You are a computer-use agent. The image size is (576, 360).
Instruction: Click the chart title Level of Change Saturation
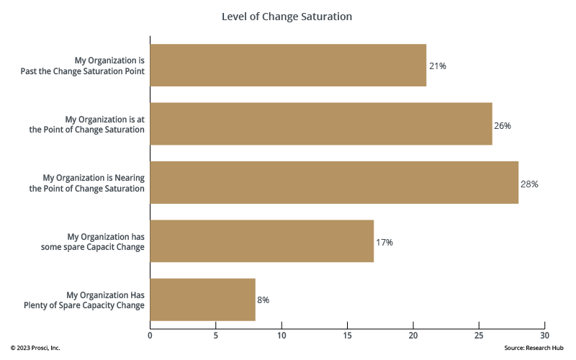coord(287,16)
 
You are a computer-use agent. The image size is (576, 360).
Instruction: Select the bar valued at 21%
coord(288,66)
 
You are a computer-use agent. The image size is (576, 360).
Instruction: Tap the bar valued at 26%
coord(321,124)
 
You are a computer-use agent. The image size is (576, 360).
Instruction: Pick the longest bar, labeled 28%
coord(334,183)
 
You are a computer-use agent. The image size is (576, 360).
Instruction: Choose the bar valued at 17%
coord(261,241)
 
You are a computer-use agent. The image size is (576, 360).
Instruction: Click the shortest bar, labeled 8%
coord(202,300)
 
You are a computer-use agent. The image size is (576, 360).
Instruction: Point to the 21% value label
coord(438,66)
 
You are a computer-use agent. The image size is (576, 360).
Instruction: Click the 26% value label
coord(503,125)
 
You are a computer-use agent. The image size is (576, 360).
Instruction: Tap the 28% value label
coord(529,184)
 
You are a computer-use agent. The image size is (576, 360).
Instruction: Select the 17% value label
coord(384,243)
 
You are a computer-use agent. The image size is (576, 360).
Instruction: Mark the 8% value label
coord(264,300)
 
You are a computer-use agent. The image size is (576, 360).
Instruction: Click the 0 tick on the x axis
coord(150,335)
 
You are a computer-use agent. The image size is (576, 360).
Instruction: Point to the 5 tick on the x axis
coord(215,335)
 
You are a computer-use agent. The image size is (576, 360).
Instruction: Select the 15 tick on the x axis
coord(347,335)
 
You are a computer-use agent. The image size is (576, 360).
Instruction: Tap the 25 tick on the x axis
coord(479,335)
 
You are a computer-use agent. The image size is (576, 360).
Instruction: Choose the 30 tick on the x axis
coord(544,335)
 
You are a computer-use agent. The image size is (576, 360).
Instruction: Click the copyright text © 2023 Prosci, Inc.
coord(35,348)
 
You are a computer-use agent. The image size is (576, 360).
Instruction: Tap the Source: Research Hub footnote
coord(535,348)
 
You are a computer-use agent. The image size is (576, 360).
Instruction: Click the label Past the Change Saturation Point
coord(84,71)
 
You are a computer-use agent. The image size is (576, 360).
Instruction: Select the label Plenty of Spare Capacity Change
coord(84,305)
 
